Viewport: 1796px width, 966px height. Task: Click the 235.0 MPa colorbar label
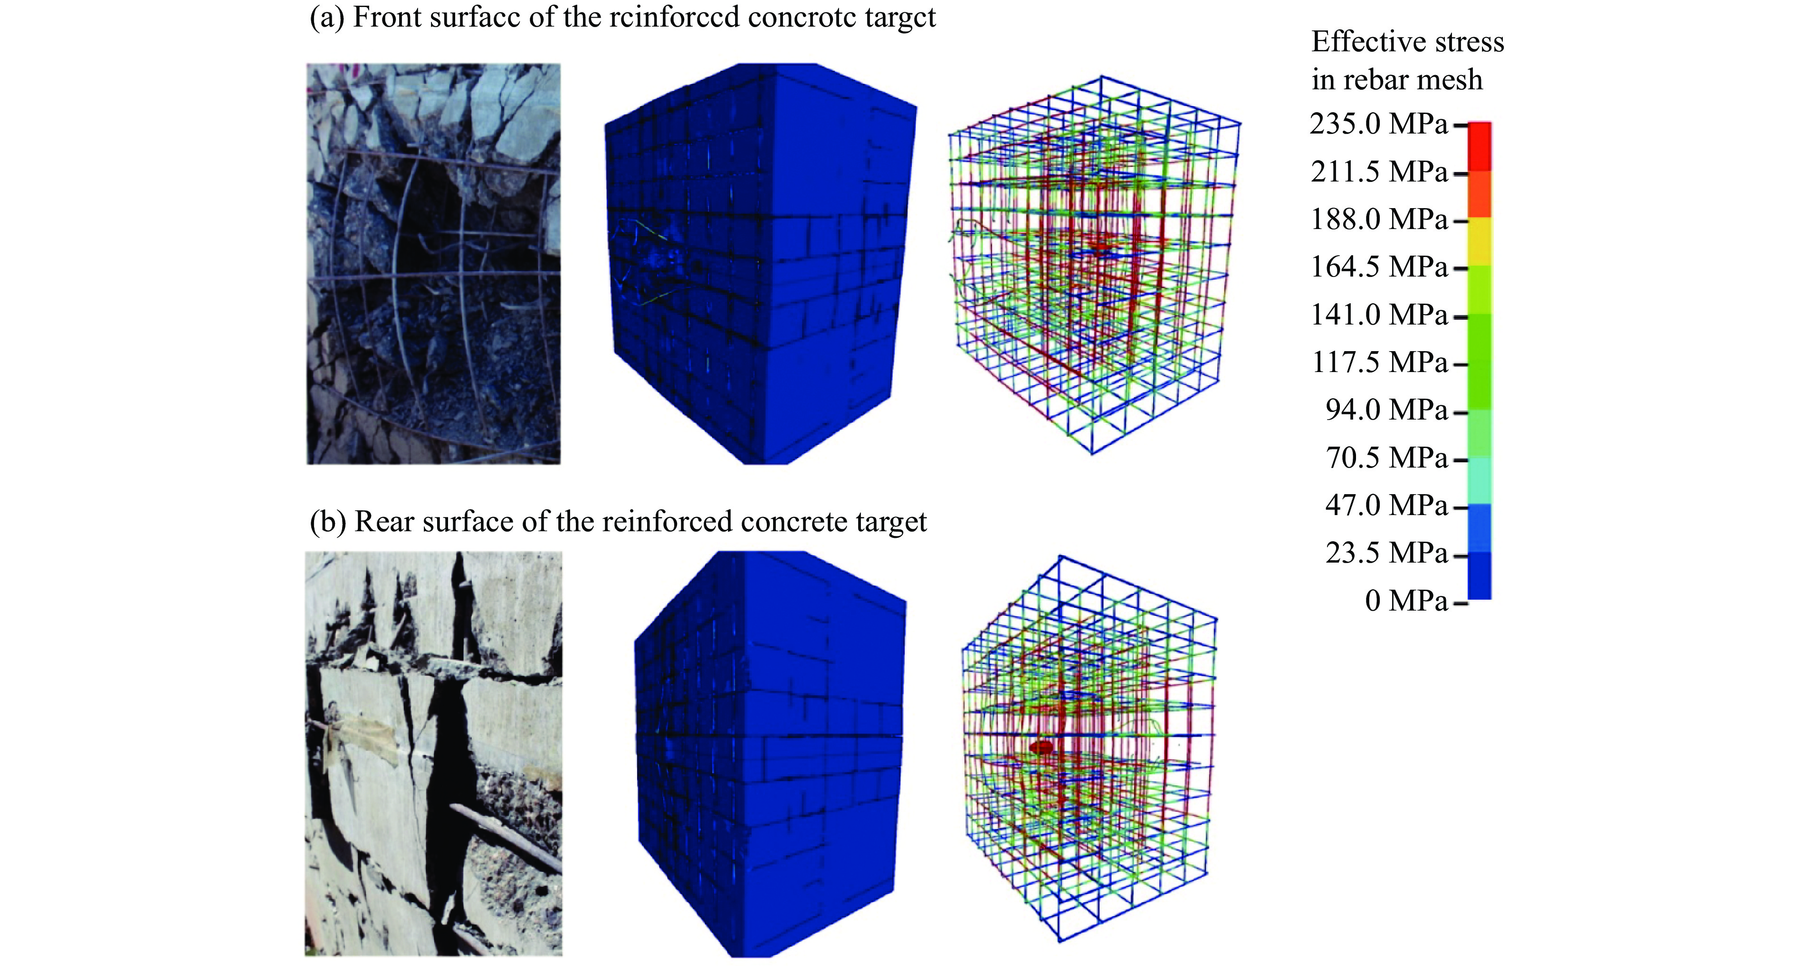pyautogui.click(x=1378, y=124)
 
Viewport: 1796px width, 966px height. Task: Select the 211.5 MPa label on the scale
pyautogui.click(x=1378, y=172)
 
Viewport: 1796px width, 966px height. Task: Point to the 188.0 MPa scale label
pyautogui.click(x=1378, y=219)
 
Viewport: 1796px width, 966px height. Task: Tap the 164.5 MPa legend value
pyautogui.click(x=1378, y=267)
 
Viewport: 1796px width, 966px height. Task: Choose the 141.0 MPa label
pyautogui.click(x=1378, y=315)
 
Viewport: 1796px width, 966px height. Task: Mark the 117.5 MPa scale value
pyautogui.click(x=1378, y=362)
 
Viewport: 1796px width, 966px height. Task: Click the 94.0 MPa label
pyautogui.click(x=1386, y=410)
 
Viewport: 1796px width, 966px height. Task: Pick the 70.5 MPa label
pyautogui.click(x=1386, y=458)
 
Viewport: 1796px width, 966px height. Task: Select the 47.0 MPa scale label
pyautogui.click(x=1386, y=505)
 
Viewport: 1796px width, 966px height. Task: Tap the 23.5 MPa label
pyautogui.click(x=1386, y=553)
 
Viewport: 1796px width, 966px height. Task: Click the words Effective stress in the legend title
pyautogui.click(x=1407, y=42)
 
